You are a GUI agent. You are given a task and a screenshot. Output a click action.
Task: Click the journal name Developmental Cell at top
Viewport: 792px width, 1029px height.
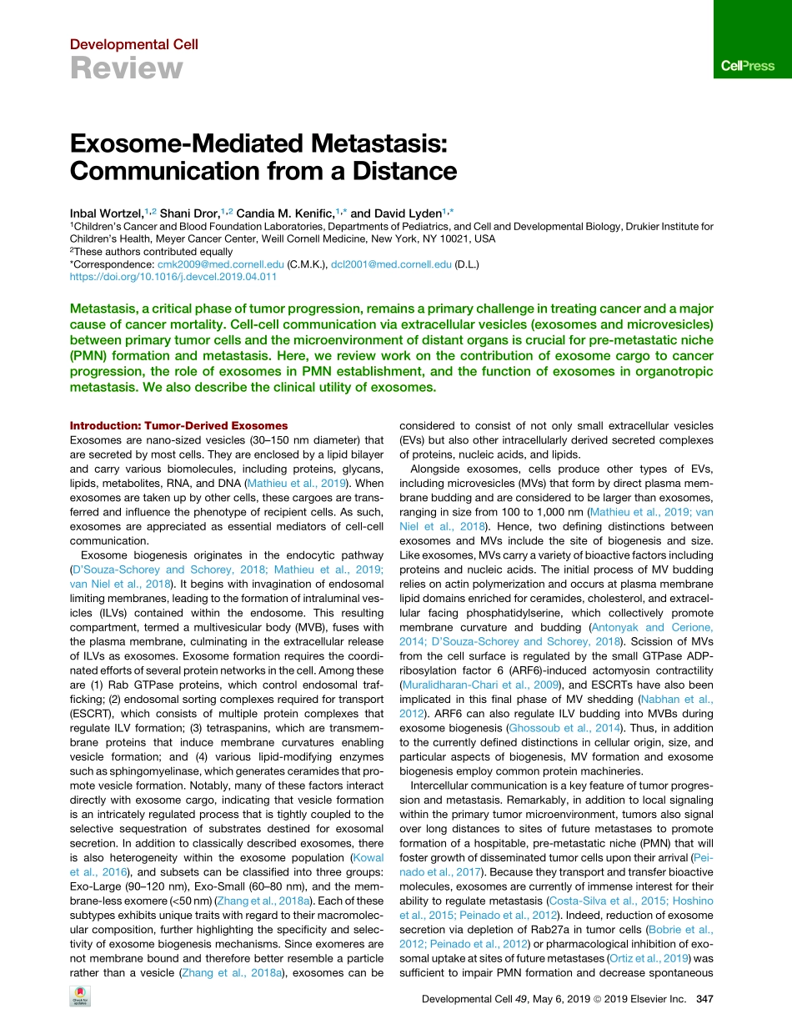coord(134,44)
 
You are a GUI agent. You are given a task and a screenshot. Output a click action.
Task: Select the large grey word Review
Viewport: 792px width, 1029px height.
coord(126,68)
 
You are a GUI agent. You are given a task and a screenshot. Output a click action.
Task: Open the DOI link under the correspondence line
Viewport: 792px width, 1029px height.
coord(173,276)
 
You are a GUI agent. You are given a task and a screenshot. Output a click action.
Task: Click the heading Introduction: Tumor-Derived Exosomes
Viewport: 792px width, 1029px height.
coord(178,426)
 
